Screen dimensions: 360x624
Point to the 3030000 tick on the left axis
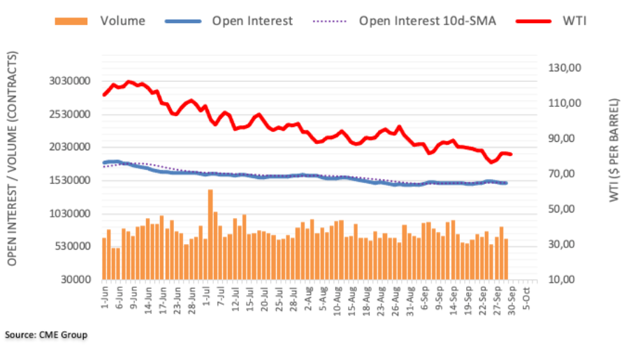point(73,81)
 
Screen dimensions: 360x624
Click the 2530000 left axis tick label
point(73,114)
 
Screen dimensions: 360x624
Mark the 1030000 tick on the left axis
point(73,213)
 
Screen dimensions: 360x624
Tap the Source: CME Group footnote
point(46,336)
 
